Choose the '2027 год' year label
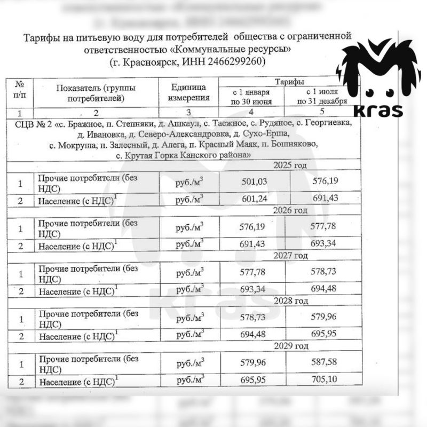coord(291,256)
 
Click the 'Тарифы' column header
coord(290,82)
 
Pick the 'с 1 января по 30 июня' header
coord(251,97)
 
